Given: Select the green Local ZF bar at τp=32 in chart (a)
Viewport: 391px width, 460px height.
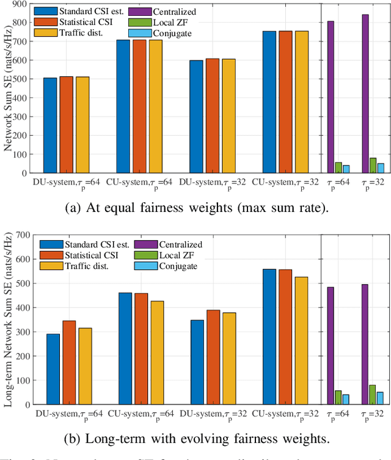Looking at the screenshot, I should tap(356, 166).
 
